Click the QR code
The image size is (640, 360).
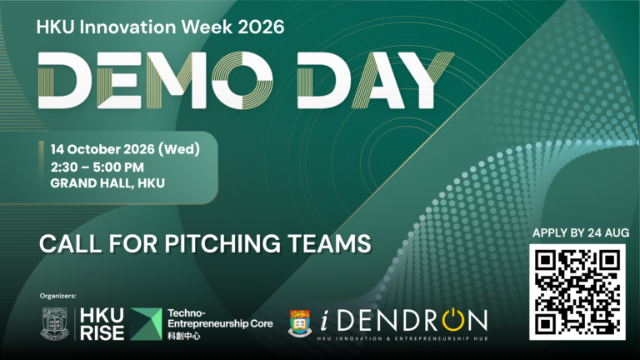click(x=577, y=292)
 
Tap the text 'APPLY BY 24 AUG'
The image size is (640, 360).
click(x=580, y=233)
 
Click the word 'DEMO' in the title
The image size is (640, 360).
click(x=156, y=80)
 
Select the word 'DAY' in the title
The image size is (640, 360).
click(x=376, y=80)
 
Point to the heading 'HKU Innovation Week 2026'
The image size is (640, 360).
click(x=160, y=27)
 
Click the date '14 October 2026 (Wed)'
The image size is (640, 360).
click(x=125, y=149)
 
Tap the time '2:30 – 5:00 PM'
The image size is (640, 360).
click(x=97, y=167)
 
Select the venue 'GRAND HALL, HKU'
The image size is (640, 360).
click(x=107, y=183)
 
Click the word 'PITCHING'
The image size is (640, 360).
click(x=222, y=243)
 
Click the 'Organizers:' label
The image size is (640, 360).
click(x=58, y=296)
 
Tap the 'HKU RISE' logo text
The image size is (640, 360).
click(x=102, y=324)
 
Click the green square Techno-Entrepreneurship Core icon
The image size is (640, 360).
click(x=146, y=324)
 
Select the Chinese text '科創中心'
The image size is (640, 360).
click(x=184, y=337)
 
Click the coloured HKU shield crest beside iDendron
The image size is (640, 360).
click(x=300, y=322)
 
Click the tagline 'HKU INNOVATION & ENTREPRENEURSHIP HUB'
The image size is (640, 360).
click(x=402, y=338)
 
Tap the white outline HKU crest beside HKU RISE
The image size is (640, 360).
click(x=55, y=323)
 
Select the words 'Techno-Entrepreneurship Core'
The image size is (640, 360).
click(x=220, y=319)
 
